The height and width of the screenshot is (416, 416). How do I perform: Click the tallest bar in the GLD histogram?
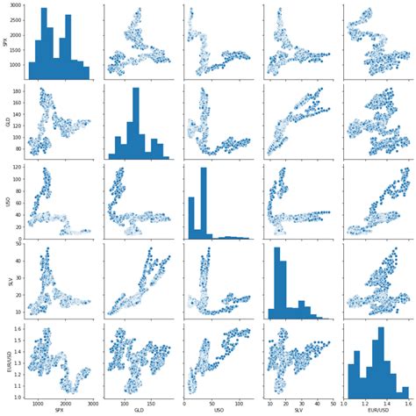coord(136,123)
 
